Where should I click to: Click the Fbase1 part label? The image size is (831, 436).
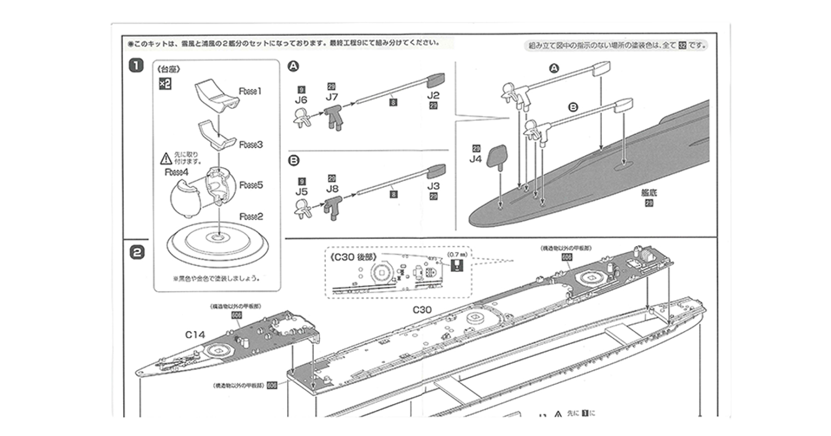(x=250, y=91)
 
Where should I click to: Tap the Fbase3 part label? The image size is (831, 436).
(x=250, y=145)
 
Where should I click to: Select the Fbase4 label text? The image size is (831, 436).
(x=176, y=172)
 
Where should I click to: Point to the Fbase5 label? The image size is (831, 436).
(x=250, y=185)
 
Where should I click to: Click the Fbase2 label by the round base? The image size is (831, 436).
(x=250, y=216)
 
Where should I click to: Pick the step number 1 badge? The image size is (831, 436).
(x=136, y=66)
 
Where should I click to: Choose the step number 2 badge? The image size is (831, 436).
(x=137, y=252)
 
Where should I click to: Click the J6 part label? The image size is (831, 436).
(x=301, y=100)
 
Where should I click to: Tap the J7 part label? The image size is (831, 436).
(x=332, y=96)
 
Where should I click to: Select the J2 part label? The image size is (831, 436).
(x=433, y=95)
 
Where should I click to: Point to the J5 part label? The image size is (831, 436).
(x=301, y=191)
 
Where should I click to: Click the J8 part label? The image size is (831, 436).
(x=332, y=188)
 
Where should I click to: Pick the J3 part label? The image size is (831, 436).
(x=433, y=187)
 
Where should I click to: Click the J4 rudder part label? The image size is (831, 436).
(x=476, y=159)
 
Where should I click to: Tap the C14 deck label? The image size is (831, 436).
(x=195, y=334)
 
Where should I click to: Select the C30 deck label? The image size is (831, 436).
(x=422, y=310)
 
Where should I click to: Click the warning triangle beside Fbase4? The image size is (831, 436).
(x=166, y=158)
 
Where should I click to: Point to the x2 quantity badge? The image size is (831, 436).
(x=165, y=84)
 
